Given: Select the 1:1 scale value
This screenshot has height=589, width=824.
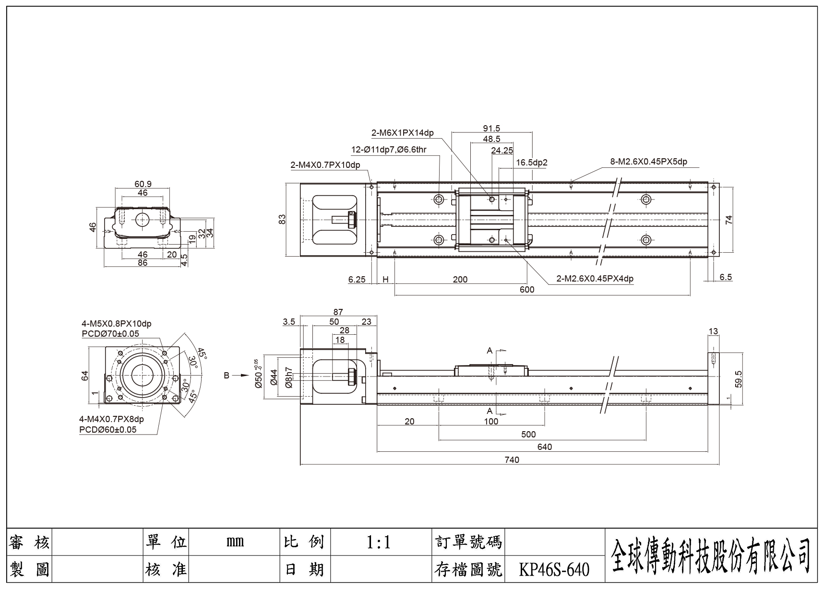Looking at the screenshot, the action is click(x=379, y=542).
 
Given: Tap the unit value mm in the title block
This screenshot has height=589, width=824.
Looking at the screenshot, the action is click(x=235, y=542).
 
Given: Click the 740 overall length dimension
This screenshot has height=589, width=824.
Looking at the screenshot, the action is click(x=512, y=459).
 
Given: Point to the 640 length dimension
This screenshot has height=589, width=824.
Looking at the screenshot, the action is click(x=545, y=447).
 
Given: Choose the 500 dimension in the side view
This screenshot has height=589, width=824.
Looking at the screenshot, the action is click(x=528, y=435).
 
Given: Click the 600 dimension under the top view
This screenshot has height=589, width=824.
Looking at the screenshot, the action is click(x=527, y=289).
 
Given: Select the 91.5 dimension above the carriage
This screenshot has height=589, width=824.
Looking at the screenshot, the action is click(x=491, y=128).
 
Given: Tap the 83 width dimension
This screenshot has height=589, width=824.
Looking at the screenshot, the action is click(x=282, y=219).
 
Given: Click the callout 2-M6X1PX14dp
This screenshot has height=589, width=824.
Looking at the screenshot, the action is click(x=403, y=133).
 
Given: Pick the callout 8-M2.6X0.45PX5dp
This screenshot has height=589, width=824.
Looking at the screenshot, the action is click(x=648, y=162).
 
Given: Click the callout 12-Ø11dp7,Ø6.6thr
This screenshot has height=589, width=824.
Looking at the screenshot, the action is click(x=389, y=150).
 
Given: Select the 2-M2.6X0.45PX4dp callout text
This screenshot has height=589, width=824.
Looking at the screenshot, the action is click(x=595, y=279).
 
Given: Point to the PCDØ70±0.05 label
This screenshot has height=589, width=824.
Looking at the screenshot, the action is click(x=110, y=334).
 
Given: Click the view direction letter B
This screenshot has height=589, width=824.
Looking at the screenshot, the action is click(x=227, y=376).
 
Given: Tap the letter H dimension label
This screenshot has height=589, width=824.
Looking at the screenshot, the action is click(x=385, y=280).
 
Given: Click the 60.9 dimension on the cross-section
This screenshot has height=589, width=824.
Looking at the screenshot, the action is click(x=143, y=184).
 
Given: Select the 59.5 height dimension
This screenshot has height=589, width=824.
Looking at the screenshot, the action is click(x=738, y=379).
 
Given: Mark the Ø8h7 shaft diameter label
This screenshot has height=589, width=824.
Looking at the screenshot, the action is click(x=288, y=377).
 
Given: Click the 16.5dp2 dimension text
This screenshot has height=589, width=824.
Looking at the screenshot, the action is click(x=532, y=163).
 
